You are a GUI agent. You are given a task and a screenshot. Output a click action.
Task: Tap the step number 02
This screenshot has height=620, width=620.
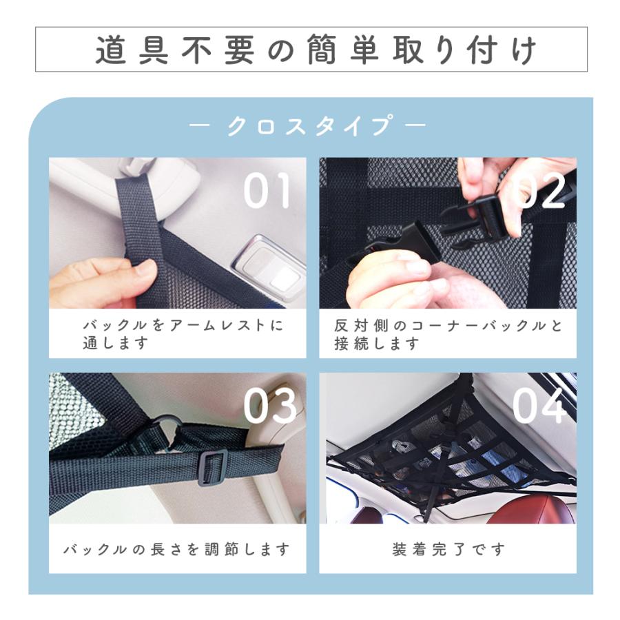pyautogui.click(x=540, y=190)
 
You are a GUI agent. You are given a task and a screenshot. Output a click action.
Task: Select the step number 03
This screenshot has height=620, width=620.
pyautogui.click(x=269, y=406)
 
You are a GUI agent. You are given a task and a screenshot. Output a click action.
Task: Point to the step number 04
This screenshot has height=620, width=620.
pyautogui.click(x=539, y=406)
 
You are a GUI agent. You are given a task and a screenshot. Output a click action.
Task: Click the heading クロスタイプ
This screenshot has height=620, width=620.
pyautogui.click(x=308, y=127)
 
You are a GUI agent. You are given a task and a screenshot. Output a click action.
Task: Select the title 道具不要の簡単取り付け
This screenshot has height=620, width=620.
pyautogui.click(x=311, y=50)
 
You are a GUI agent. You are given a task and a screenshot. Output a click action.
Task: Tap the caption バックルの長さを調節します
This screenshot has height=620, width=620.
pyautogui.click(x=176, y=550)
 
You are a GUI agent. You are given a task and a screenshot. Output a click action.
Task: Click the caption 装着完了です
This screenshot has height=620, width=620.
pyautogui.click(x=448, y=550)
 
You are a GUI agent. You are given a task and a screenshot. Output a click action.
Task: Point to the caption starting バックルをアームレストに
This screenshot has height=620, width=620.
pyautogui.click(x=183, y=334)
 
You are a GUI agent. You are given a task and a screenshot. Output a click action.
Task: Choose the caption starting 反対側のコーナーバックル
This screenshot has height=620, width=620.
pyautogui.click(x=448, y=334)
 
